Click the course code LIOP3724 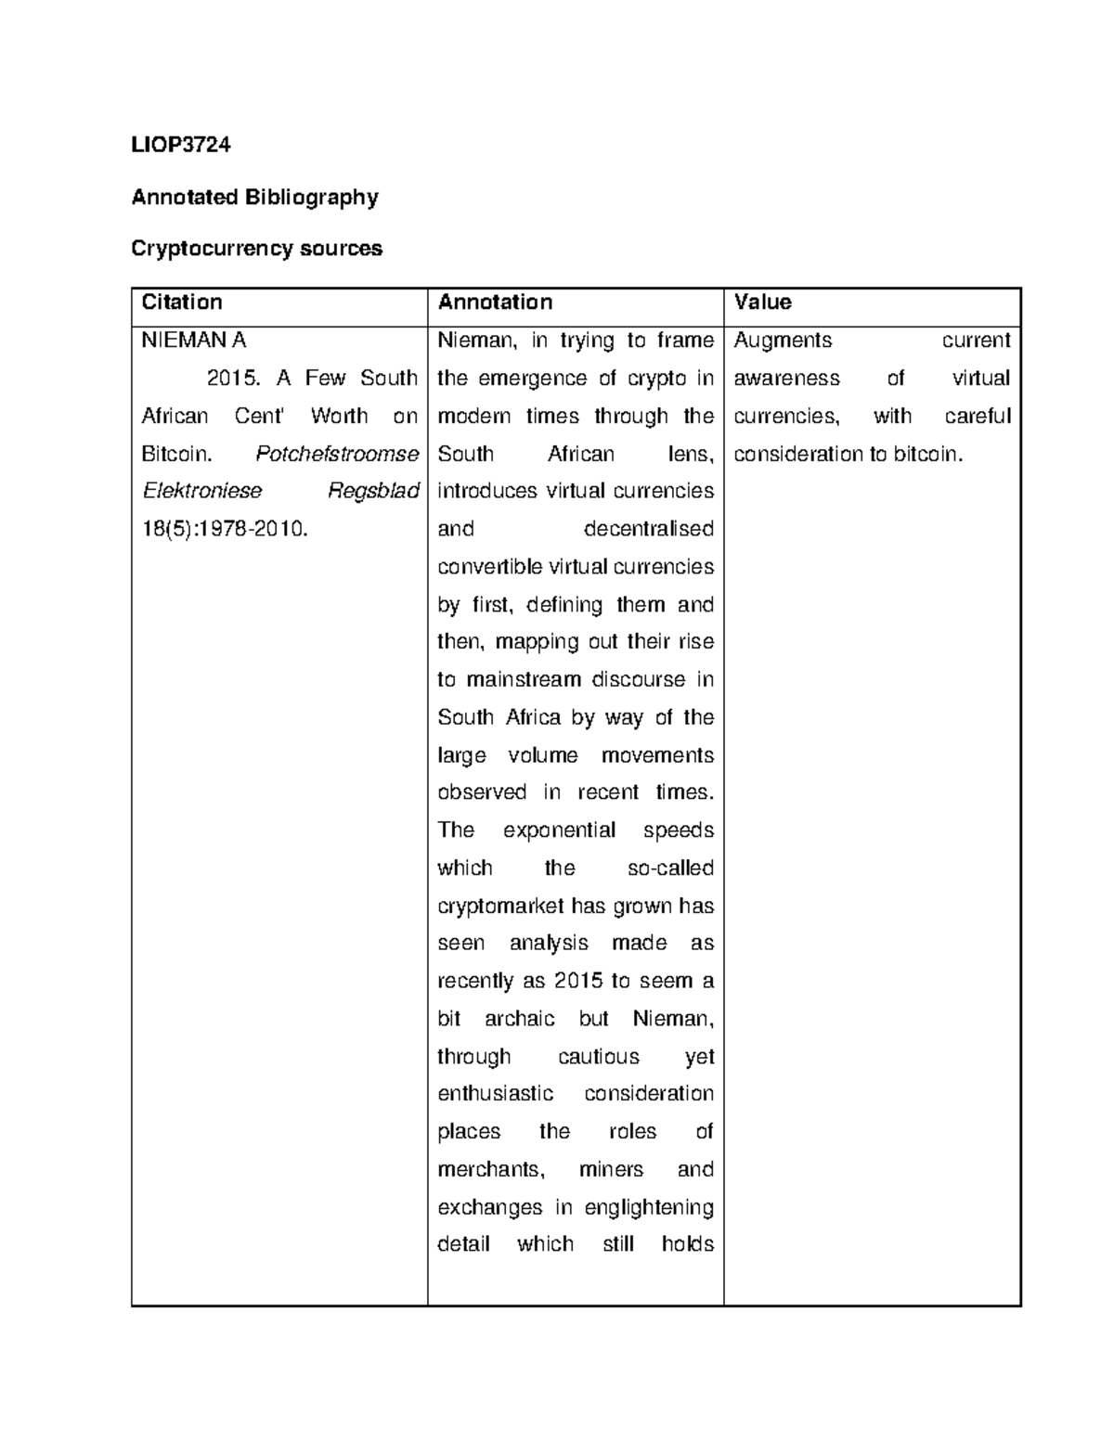pyautogui.click(x=181, y=145)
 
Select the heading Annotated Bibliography pyautogui.click(x=254, y=197)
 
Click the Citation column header pyautogui.click(x=181, y=302)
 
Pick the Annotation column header pyautogui.click(x=495, y=302)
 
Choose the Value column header pyautogui.click(x=762, y=302)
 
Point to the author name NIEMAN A pyautogui.click(x=193, y=341)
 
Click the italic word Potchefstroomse pyautogui.click(x=336, y=454)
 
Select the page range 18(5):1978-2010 pyautogui.click(x=224, y=529)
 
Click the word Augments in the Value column pyautogui.click(x=783, y=341)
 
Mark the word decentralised pyautogui.click(x=648, y=529)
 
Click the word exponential pyautogui.click(x=559, y=830)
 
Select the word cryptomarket pyautogui.click(x=500, y=906)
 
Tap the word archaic pyautogui.click(x=519, y=1019)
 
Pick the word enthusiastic pyautogui.click(x=495, y=1094)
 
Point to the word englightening pyautogui.click(x=648, y=1207)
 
